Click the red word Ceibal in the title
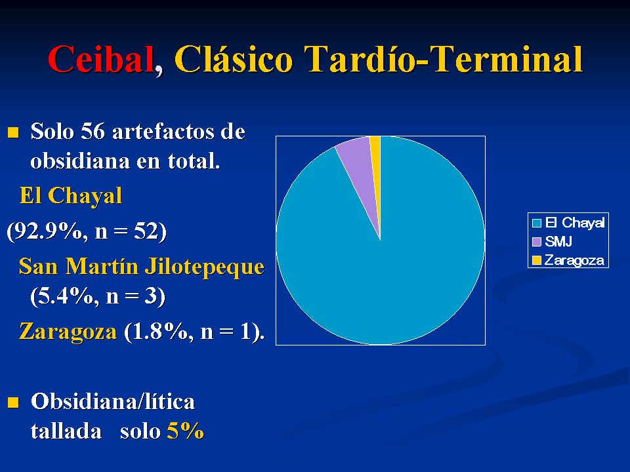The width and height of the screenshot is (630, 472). tap(101, 60)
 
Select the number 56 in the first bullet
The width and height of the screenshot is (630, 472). tap(93, 131)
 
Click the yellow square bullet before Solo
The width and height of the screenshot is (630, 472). tap(13, 132)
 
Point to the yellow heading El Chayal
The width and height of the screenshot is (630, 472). tap(71, 196)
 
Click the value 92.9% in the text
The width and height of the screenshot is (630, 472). tap(48, 231)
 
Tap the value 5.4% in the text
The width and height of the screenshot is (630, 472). tap(66, 296)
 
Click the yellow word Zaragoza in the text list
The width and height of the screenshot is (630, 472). tap(68, 332)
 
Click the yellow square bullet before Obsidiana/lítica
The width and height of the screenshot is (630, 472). tap(13, 402)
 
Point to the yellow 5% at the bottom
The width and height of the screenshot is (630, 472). tap(185, 431)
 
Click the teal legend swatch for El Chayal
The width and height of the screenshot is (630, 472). tap(537, 223)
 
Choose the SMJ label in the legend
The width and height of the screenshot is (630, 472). tap(558, 242)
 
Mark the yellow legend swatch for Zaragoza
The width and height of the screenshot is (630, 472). tap(537, 260)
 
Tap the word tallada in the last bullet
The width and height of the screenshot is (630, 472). tap(66, 431)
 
